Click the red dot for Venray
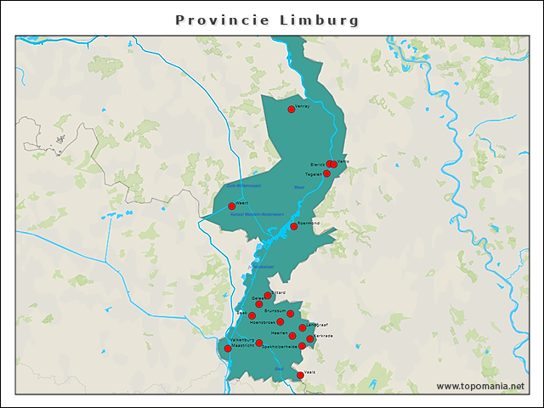pyautogui.click(x=292, y=109)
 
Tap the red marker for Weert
pyautogui.click(x=231, y=206)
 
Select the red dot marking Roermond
pyautogui.click(x=294, y=226)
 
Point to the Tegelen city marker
pyautogui.click(x=326, y=173)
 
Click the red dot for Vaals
pyautogui.click(x=300, y=375)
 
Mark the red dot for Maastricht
pyautogui.click(x=227, y=348)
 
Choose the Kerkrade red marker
pyautogui.click(x=310, y=339)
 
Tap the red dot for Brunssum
pyautogui.click(x=290, y=314)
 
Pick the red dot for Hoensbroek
pyautogui.click(x=280, y=322)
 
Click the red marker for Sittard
pyautogui.click(x=268, y=296)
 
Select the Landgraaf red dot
pyautogui.click(x=303, y=327)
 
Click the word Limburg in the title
pyautogui.click(x=320, y=20)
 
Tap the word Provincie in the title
pyautogui.click(x=222, y=20)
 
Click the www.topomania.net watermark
pyautogui.click(x=480, y=387)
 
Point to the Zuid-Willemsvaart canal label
pyautogui.click(x=243, y=185)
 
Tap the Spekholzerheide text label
pyautogui.click(x=280, y=347)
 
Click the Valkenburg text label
pyautogui.click(x=244, y=340)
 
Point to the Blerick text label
pyautogui.click(x=317, y=165)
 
